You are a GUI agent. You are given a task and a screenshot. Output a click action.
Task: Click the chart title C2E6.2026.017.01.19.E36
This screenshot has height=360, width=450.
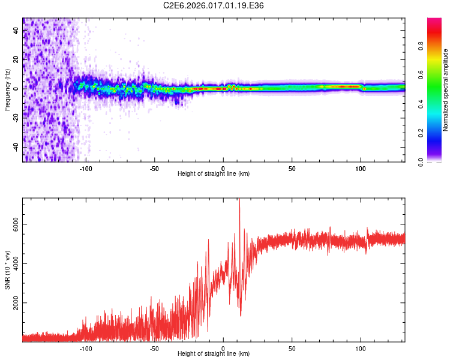[214, 5]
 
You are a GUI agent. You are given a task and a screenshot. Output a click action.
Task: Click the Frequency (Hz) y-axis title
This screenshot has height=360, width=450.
[7, 90]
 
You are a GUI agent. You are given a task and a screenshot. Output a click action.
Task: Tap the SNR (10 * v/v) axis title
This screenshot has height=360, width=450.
[7, 271]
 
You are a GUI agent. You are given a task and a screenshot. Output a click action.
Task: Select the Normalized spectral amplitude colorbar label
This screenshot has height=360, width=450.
[445, 91]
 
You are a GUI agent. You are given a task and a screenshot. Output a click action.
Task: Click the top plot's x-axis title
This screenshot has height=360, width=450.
[214, 173]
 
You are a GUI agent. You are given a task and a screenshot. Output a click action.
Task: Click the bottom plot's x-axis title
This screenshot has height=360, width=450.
[214, 353]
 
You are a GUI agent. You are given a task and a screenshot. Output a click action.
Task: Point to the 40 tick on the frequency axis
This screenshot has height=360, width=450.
[16, 30]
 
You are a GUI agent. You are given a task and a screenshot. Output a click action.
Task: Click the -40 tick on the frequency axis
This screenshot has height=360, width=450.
[16, 147]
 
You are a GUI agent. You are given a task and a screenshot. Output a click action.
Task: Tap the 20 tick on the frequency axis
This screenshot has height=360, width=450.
[16, 59]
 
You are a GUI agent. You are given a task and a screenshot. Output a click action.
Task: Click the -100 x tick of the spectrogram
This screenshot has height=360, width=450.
[86, 169]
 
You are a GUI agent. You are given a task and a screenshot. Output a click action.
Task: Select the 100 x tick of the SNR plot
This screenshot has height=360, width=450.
[361, 348]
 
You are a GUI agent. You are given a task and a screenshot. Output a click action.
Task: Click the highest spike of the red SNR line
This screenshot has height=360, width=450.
[239, 200]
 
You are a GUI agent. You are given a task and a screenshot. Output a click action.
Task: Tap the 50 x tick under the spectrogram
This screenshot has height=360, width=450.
[292, 169]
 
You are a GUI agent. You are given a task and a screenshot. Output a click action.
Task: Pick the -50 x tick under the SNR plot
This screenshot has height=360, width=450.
[154, 348]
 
